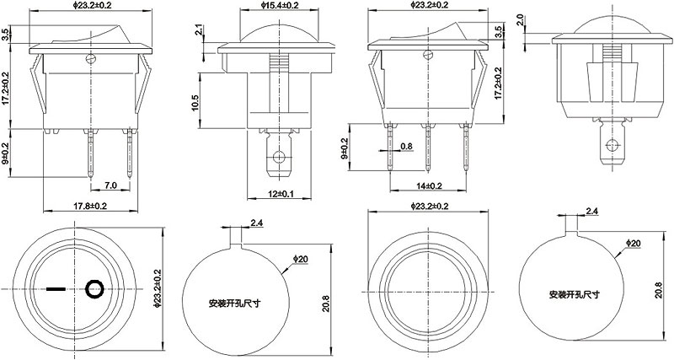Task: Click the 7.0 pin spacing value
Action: (x=110, y=185)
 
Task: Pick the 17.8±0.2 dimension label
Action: (x=88, y=206)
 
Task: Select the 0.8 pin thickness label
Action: (x=407, y=147)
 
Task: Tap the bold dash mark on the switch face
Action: (x=56, y=290)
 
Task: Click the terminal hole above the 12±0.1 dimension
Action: (x=277, y=157)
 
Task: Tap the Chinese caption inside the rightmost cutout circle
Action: (x=573, y=295)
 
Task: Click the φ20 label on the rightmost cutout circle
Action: (x=634, y=244)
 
